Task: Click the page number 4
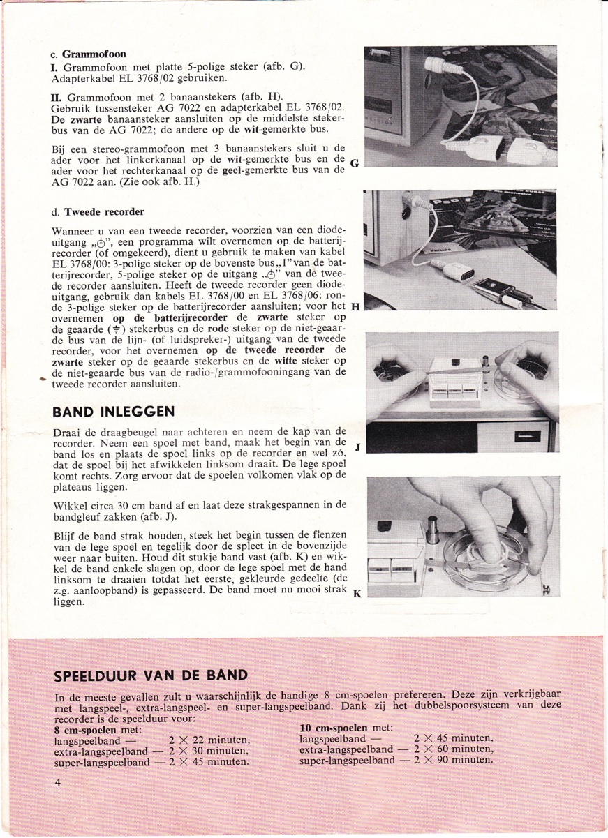click(59, 782)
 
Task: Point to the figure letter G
click(354, 165)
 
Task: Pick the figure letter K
click(357, 594)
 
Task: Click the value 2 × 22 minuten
click(210, 740)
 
